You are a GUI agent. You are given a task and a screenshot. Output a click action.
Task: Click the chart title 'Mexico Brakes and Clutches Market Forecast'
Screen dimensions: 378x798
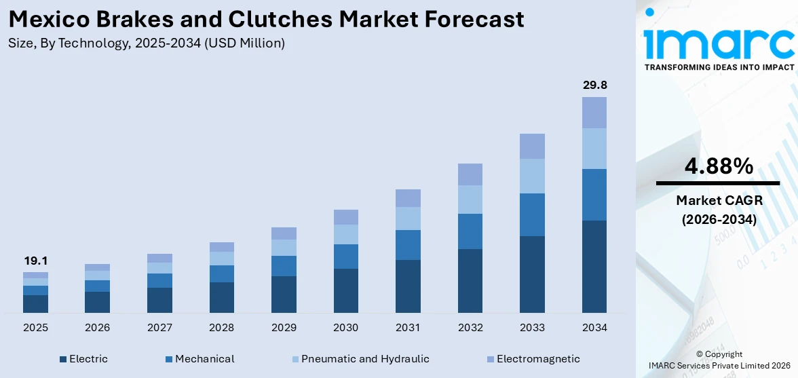pyautogui.click(x=266, y=19)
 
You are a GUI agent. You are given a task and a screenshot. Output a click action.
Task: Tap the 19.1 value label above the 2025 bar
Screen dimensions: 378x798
pyautogui.click(x=35, y=261)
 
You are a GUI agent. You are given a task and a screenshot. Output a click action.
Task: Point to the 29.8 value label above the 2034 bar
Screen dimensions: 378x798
pyautogui.click(x=594, y=85)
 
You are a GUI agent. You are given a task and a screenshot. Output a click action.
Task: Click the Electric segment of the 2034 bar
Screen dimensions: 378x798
pyautogui.click(x=594, y=266)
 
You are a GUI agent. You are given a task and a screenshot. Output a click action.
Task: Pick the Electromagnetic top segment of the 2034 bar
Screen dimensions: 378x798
pyautogui.click(x=594, y=113)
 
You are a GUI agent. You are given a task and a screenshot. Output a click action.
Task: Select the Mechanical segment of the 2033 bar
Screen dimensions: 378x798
pyautogui.click(x=532, y=214)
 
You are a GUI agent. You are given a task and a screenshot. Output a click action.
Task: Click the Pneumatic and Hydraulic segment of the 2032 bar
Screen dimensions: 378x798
pyautogui.click(x=470, y=200)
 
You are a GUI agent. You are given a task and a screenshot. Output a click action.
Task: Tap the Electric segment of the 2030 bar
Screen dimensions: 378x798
pyautogui.click(x=346, y=290)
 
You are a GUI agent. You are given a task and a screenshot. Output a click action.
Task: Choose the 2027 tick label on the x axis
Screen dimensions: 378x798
pyautogui.click(x=159, y=328)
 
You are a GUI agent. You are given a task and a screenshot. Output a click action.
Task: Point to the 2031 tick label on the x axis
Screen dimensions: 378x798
pyautogui.click(x=408, y=328)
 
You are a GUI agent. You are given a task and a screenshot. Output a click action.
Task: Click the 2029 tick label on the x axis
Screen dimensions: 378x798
pyautogui.click(x=284, y=328)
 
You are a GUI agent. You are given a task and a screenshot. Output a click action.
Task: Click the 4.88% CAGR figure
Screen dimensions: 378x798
pyautogui.click(x=718, y=166)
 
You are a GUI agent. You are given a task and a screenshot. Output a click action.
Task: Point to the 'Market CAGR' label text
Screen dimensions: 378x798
pyautogui.click(x=718, y=200)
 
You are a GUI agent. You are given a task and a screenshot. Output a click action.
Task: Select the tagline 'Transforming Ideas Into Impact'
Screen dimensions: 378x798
pyautogui.click(x=719, y=67)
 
